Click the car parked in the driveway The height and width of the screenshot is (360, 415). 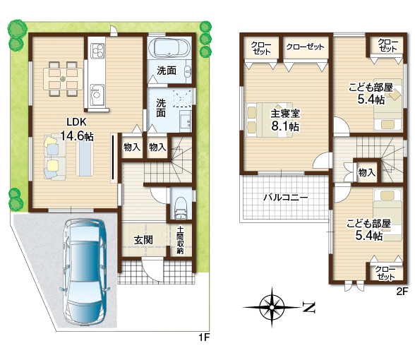coord(85,272)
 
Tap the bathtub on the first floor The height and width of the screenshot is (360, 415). coord(169,48)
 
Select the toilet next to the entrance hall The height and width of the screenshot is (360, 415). coord(181,208)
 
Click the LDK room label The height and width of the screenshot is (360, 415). coord(76,122)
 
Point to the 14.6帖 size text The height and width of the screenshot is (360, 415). coord(77,136)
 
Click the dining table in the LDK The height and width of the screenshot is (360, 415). coord(63,78)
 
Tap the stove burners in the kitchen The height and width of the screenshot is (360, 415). coord(97,51)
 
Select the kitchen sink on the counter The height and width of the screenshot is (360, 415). coord(97,95)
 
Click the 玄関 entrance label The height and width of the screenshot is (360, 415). coord(143,240)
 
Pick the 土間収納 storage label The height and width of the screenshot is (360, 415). coord(180,240)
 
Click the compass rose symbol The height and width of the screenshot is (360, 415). coord(272,307)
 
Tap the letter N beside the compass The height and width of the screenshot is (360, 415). coord(308,307)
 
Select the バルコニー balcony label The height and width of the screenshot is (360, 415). coord(286,198)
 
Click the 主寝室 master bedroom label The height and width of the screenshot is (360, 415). coord(285,114)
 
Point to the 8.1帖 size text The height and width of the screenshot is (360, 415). coord(285,126)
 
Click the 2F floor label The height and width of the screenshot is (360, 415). coord(402,292)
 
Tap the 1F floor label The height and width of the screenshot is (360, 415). coord(205,337)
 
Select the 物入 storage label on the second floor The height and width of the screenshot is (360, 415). coord(366,172)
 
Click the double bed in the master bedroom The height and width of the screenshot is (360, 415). coord(270,120)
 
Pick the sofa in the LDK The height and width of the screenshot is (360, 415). coord(55,157)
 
